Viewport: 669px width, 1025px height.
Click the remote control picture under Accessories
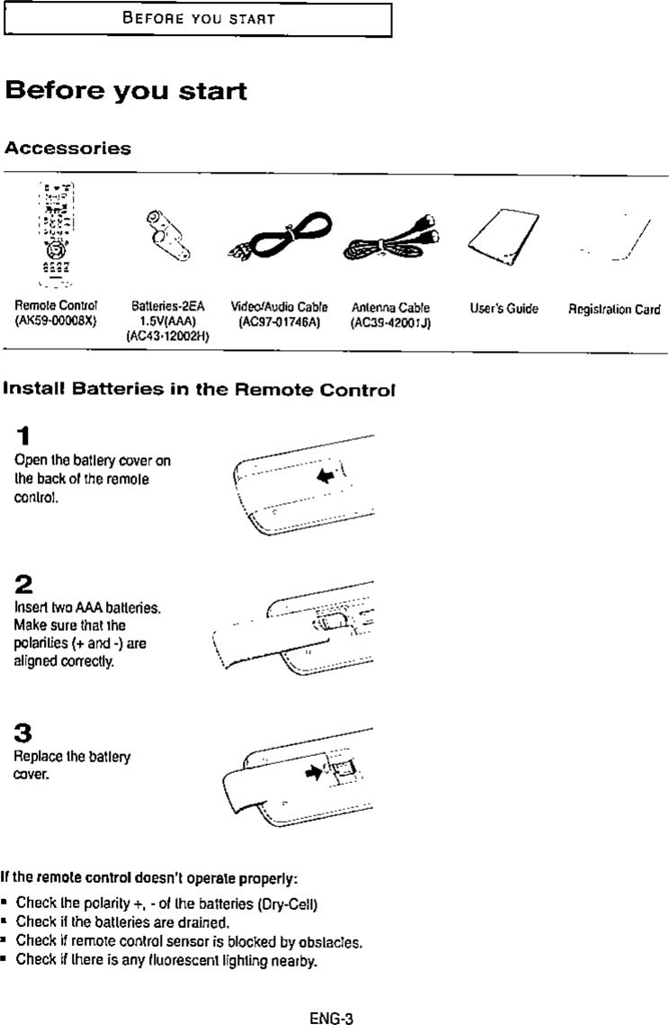(56, 232)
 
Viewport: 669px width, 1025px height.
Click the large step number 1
(23, 437)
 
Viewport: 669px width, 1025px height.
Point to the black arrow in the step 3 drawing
(315, 770)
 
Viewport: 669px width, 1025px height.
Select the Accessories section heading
(68, 148)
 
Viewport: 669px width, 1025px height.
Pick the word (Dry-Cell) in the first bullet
(284, 903)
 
